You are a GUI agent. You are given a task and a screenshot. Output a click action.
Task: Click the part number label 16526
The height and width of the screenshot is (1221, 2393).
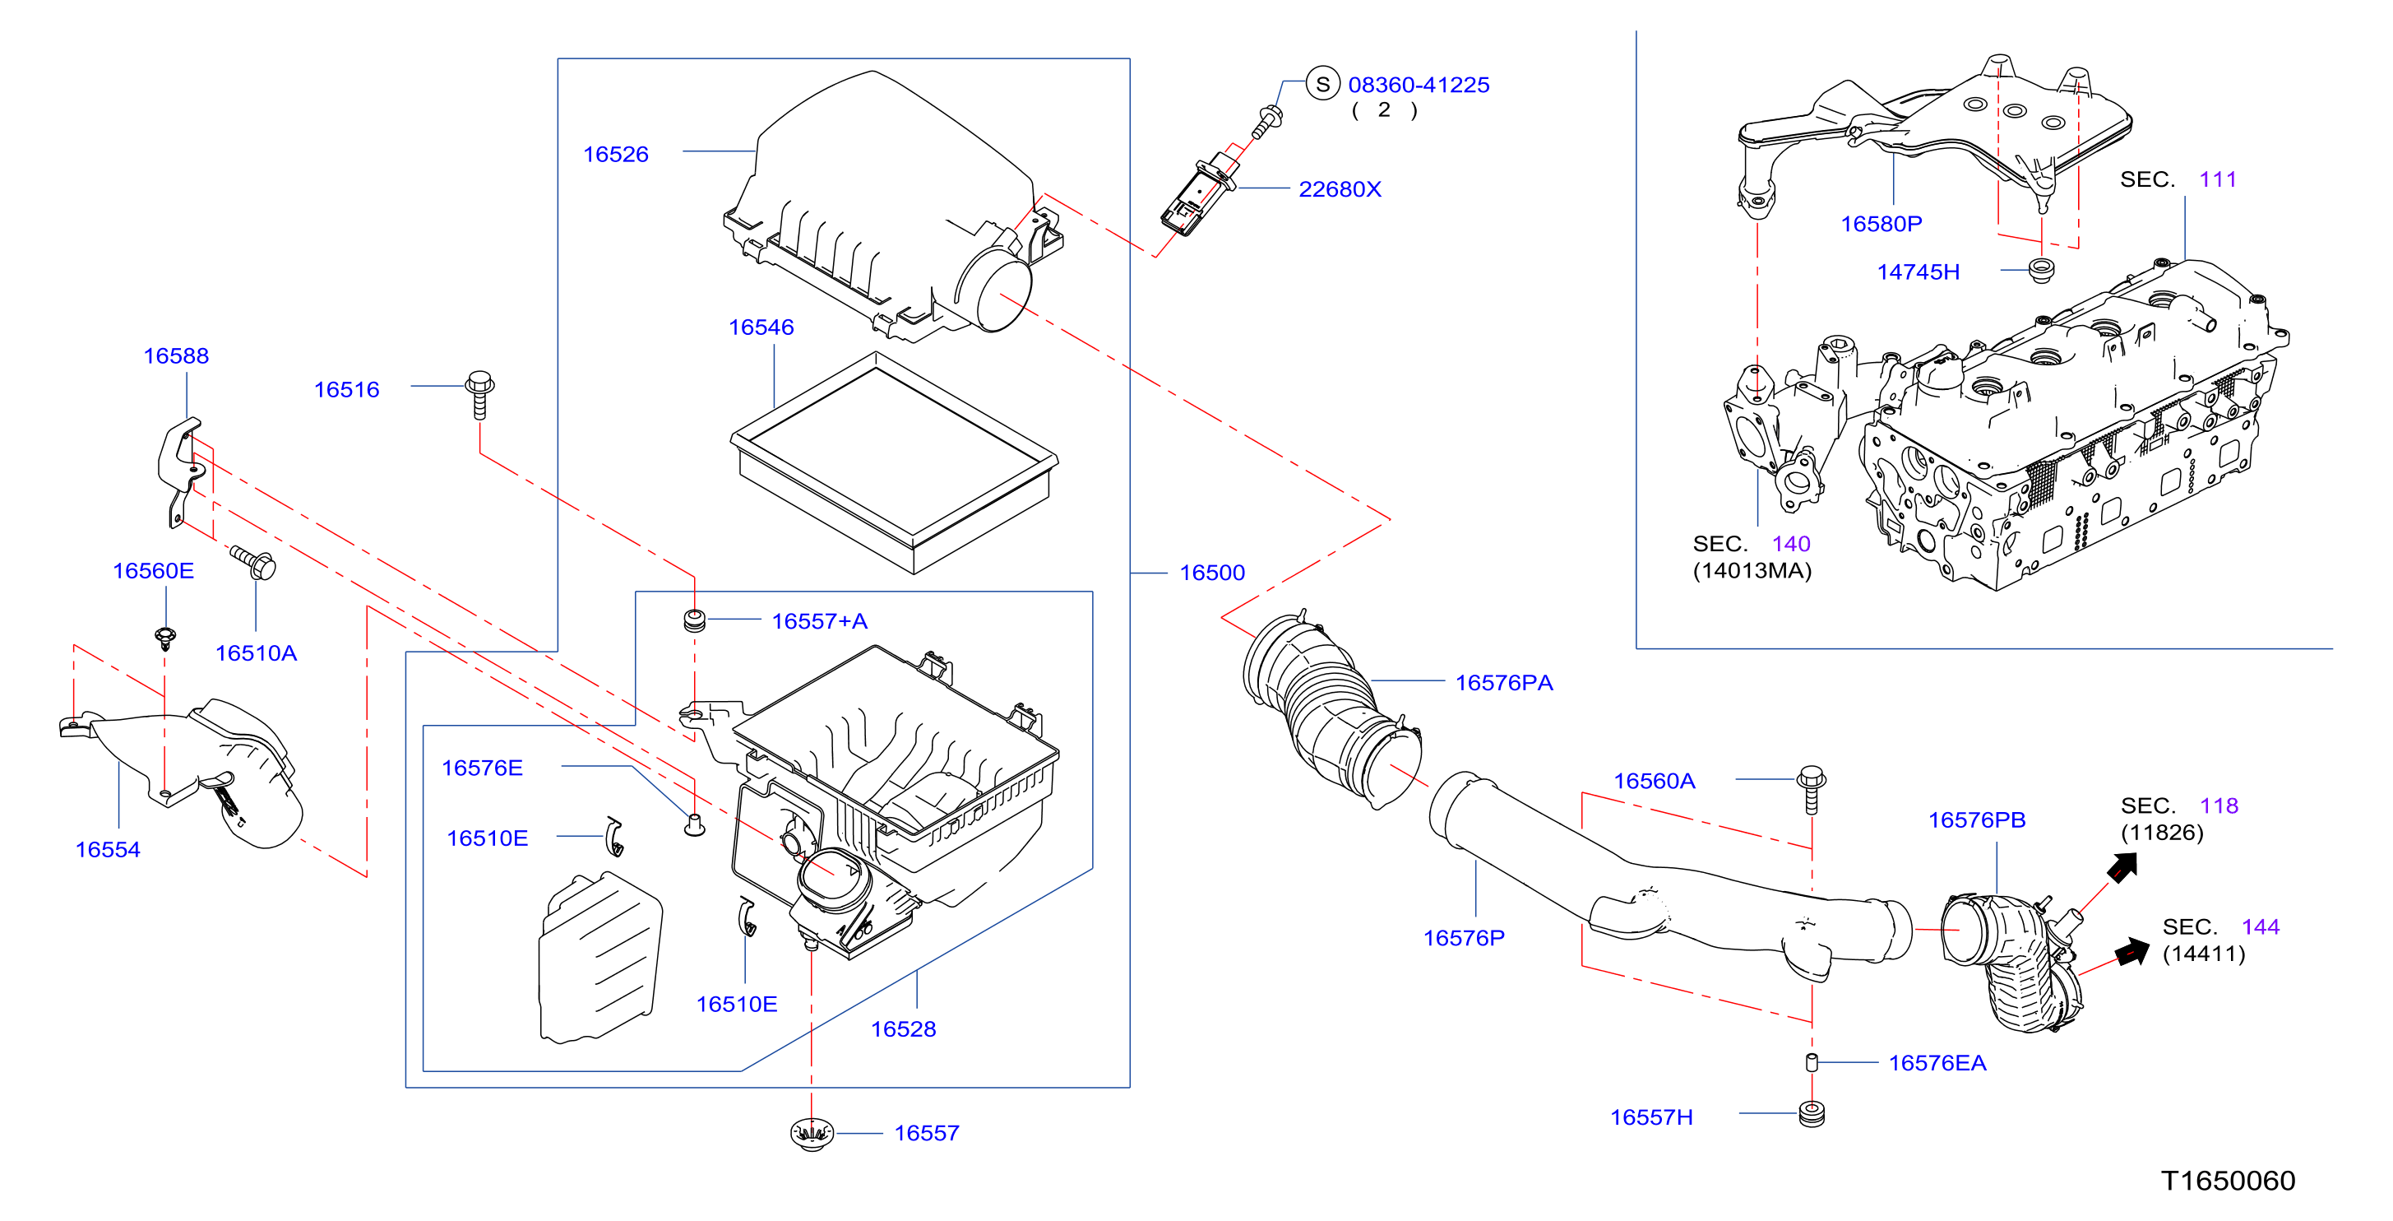(x=615, y=154)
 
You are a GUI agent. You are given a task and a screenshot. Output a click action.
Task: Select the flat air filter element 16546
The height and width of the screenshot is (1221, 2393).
(x=894, y=462)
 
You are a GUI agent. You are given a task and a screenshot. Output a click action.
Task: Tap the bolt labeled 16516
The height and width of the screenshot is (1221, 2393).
(x=479, y=395)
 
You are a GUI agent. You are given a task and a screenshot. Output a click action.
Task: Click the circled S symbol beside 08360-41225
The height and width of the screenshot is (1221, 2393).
(x=1322, y=84)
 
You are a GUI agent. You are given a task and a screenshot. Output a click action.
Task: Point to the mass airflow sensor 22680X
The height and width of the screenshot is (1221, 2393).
(x=1198, y=193)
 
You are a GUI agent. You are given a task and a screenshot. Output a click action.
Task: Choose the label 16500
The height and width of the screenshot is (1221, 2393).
(x=1211, y=573)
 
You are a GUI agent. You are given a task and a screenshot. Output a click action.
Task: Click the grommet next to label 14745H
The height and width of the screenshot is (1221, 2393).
(x=2041, y=271)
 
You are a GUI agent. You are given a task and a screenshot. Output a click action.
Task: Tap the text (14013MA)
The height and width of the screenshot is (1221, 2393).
(x=1752, y=569)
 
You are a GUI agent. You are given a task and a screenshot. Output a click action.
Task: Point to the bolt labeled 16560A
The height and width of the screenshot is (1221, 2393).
(x=1812, y=790)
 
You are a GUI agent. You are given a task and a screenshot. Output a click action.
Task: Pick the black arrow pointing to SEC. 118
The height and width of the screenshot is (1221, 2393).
(x=2122, y=868)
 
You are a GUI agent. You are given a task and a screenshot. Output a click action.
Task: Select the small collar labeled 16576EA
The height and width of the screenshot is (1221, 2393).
(x=1812, y=1062)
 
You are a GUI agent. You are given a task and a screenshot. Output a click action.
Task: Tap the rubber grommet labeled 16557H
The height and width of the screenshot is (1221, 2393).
(x=1812, y=1113)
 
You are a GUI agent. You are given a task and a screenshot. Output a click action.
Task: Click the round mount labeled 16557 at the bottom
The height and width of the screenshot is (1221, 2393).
(x=812, y=1134)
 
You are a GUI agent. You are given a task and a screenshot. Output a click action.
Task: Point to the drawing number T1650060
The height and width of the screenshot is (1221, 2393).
(x=2228, y=1180)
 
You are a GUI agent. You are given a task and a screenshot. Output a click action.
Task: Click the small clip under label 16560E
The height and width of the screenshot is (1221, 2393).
(x=165, y=638)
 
